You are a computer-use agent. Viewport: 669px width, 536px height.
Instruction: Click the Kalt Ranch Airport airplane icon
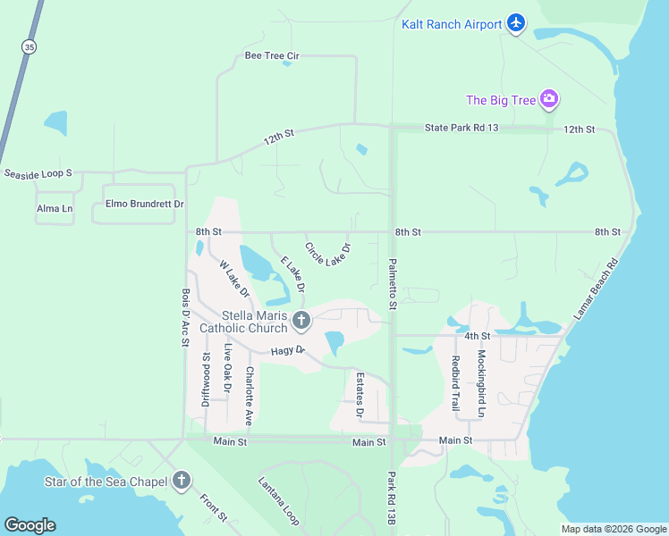coord(516,23)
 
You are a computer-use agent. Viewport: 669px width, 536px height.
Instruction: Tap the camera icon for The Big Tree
coord(550,100)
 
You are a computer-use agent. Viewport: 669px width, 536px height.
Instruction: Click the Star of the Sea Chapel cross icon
coord(182,482)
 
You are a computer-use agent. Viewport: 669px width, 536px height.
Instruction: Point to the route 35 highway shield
coord(30,47)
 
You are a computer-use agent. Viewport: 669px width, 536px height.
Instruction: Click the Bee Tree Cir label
coord(271,55)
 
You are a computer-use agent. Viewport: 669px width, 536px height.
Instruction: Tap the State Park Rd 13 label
coord(461,129)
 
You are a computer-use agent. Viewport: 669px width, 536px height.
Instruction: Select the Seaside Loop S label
coord(37,172)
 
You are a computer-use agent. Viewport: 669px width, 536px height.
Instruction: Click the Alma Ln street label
coord(54,209)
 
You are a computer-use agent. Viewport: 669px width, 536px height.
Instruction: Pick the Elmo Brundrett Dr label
coord(144,204)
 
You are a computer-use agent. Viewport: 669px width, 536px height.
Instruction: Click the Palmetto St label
coord(392,285)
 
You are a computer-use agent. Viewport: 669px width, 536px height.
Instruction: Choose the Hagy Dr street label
coord(288,355)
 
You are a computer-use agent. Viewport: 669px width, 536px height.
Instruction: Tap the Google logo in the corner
coord(30,525)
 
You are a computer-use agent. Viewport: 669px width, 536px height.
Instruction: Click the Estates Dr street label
coord(360,395)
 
